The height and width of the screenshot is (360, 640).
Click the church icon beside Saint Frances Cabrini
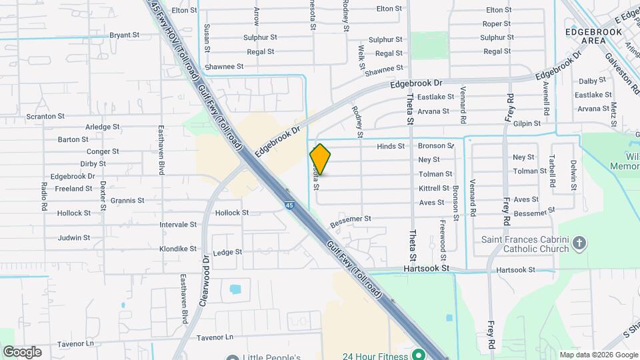[x=579, y=243]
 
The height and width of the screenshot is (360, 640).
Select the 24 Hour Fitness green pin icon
[x=419, y=355]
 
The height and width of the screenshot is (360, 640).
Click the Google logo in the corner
[x=22, y=351]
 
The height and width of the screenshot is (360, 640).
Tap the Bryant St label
[x=124, y=35]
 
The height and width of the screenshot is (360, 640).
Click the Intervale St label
[x=178, y=225]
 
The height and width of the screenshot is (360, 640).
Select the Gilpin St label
[x=527, y=123]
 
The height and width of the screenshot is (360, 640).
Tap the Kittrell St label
[x=434, y=189]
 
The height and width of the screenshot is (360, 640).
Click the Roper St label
[x=496, y=24]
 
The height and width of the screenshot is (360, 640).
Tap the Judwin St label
[x=73, y=237]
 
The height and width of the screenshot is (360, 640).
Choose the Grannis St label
[x=127, y=201]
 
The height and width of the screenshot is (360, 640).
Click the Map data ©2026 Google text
[x=598, y=355]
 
